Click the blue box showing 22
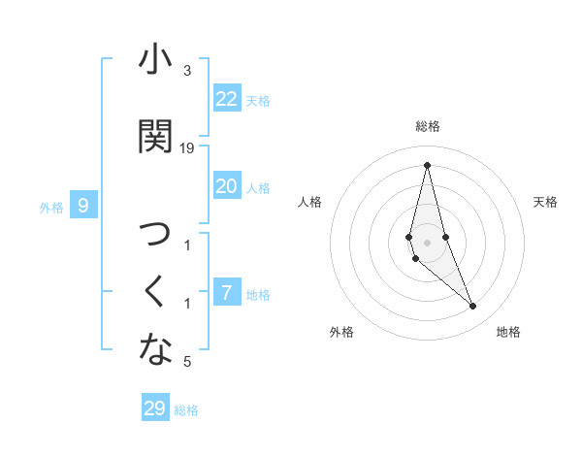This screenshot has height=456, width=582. click(227, 99)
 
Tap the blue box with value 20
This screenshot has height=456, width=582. click(227, 186)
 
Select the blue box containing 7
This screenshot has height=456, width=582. click(227, 293)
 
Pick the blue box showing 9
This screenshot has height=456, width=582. click(83, 206)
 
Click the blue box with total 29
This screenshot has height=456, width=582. click(155, 408)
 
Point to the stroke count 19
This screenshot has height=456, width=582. click(187, 148)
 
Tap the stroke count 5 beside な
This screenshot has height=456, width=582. click(187, 362)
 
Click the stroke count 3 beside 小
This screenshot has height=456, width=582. click(187, 71)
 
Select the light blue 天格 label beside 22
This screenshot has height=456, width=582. click(258, 101)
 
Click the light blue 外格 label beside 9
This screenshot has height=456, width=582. click(51, 207)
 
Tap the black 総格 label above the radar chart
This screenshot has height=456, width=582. click(428, 126)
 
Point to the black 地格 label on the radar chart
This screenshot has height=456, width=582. click(508, 332)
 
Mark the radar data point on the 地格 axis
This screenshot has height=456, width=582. click(473, 307)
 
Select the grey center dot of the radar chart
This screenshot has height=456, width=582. click(428, 242)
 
